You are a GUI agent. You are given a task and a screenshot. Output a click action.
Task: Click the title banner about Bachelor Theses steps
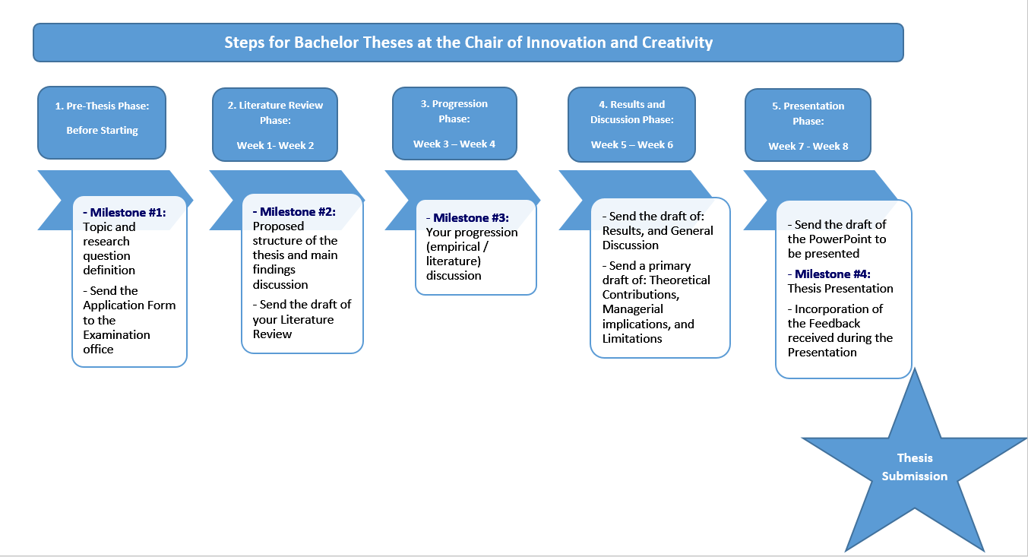468,43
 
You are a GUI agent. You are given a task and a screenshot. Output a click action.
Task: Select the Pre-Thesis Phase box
102,122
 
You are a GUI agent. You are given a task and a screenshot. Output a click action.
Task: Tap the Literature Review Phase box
275,125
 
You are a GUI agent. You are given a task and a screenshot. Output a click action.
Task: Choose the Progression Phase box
454,123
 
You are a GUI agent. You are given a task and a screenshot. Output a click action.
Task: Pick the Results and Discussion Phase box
631,124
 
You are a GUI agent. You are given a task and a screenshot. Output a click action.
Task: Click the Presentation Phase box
808,125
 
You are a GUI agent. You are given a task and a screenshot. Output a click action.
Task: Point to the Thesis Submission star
915,468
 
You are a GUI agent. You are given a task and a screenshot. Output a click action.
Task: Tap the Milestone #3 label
471,218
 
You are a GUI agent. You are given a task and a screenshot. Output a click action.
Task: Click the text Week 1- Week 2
275,145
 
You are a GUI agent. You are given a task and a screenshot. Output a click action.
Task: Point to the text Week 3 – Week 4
454,144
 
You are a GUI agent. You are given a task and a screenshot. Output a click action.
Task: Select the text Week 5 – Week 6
632,144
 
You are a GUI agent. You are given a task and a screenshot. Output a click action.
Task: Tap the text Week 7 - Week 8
808,146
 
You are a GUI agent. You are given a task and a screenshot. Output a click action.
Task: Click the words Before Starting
102,131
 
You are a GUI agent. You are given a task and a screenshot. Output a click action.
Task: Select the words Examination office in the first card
116,342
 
